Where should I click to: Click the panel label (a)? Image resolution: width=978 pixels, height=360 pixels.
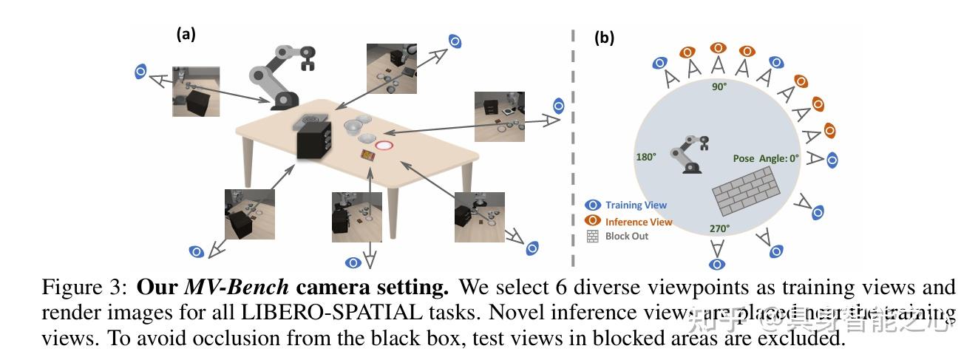pos(186,34)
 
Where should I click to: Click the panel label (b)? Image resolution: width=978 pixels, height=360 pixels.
pos(604,38)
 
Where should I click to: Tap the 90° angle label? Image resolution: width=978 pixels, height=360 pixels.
pos(719,87)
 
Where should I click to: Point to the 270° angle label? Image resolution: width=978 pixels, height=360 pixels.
pos(719,228)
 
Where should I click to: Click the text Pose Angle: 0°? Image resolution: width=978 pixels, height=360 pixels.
pos(766,158)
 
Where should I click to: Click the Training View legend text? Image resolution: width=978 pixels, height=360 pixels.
pos(636,205)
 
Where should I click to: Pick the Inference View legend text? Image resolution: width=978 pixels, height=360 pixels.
pos(639,221)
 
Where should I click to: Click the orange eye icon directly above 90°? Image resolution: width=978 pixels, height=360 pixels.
pos(718,48)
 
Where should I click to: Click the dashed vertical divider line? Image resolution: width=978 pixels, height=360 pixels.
pos(571,148)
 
